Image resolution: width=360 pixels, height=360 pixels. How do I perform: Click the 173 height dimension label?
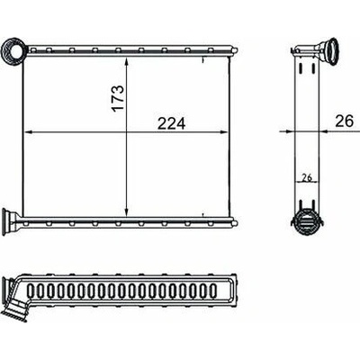(118, 98)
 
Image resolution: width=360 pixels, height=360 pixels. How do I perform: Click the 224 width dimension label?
(172, 123)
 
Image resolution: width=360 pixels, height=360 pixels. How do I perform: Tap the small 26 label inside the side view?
(307, 177)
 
